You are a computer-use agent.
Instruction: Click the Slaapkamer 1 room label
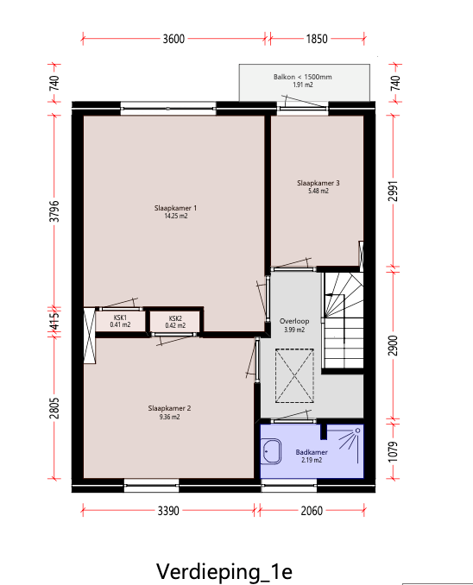pos(175,208)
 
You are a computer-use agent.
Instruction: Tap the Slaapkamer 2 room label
pos(169,408)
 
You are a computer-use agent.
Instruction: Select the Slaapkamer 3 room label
pos(318,183)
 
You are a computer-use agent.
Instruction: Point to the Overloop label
pos(294,321)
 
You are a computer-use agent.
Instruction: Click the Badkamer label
pos(312,452)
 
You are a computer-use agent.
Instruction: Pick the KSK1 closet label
pos(120,318)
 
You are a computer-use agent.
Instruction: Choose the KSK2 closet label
pos(175,318)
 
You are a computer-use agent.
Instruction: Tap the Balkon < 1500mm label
pos(303,77)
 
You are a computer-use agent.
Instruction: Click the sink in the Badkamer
pos(271,451)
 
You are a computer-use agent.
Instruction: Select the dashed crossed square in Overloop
pos(294,375)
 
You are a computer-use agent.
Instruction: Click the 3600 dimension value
pos(173,39)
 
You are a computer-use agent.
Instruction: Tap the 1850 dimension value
pos(317,39)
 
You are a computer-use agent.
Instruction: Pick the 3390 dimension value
pos(168,511)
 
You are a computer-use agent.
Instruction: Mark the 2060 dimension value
pos(312,511)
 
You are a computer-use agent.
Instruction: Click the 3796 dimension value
pos(54,211)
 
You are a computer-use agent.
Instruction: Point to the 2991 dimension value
pos(394,191)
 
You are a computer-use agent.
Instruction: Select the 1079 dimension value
pos(394,452)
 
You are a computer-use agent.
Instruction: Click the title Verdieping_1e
pos(224,572)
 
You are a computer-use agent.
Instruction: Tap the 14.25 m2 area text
pos(176,216)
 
